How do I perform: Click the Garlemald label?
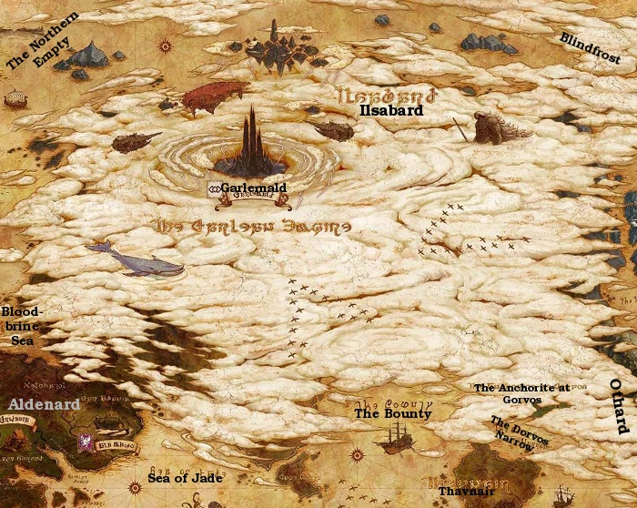pos(253,188)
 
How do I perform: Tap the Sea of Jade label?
pos(185,478)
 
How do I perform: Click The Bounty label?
pos(393,413)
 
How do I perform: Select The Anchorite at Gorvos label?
pos(521,393)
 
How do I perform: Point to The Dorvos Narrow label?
pos(520,432)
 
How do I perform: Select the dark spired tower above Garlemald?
pos(251,143)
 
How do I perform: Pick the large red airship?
pos(215,94)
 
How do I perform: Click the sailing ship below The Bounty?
pos(393,442)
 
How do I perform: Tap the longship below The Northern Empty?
pos(15,98)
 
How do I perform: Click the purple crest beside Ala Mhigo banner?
pos(83,443)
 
